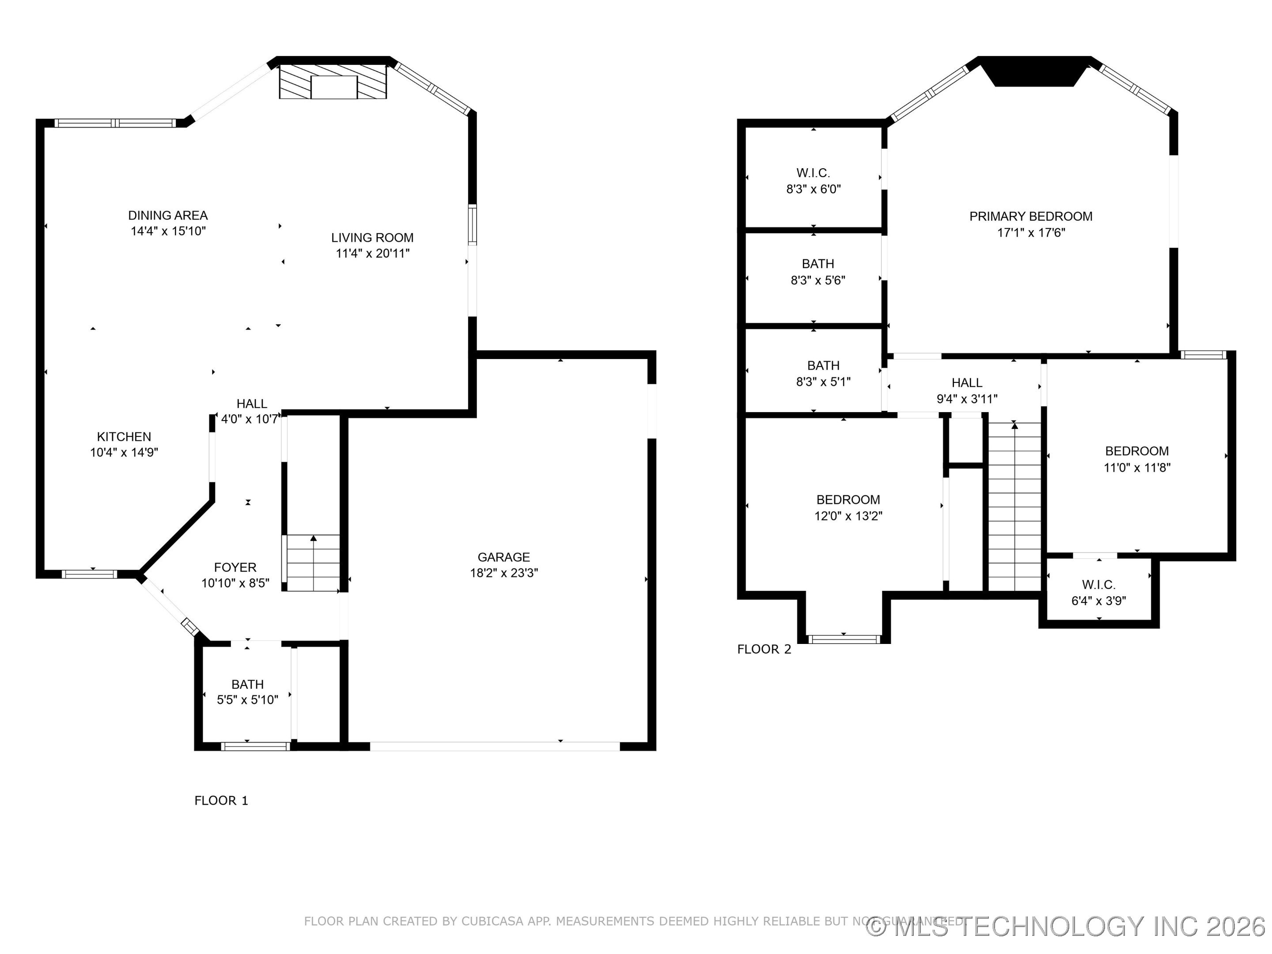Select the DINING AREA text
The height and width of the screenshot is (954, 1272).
point(167,215)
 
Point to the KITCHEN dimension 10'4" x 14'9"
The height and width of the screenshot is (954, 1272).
point(124,453)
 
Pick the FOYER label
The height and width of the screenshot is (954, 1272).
point(235,568)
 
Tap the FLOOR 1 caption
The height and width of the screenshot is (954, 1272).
point(221,800)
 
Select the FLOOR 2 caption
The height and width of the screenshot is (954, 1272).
point(764,649)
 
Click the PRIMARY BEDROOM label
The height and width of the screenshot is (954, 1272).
point(1030,216)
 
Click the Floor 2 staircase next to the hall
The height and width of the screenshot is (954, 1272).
point(1015,506)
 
